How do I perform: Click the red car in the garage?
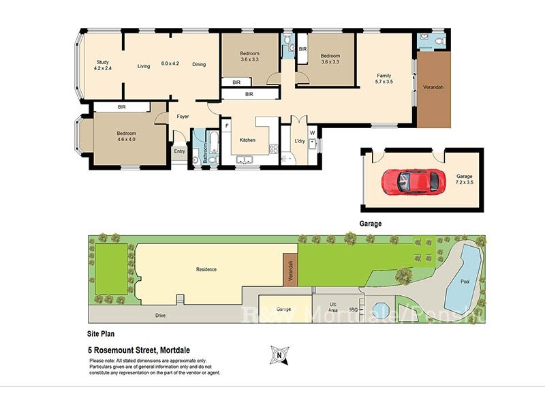410,181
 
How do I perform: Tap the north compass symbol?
277,354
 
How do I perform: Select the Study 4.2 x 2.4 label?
103,65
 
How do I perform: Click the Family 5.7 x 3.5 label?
385,78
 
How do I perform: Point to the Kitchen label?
247,140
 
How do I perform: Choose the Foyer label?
183,117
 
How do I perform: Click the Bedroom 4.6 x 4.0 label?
126,137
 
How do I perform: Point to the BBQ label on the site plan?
353,309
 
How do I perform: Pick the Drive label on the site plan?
160,316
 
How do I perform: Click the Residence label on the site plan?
206,269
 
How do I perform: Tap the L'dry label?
299,141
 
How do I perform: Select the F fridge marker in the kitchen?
227,126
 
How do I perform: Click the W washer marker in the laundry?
312,132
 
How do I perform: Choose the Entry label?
179,151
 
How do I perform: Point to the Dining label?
198,65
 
